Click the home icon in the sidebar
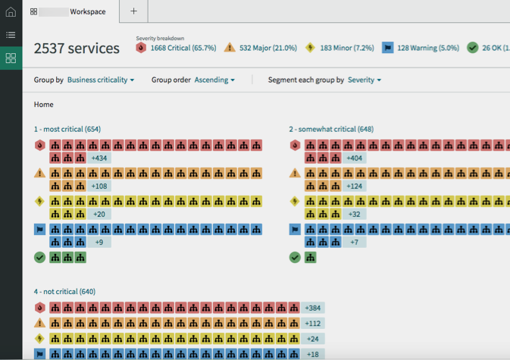coord(11,11)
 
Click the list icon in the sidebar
coord(11,35)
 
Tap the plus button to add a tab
coord(133,11)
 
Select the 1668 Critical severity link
coord(183,49)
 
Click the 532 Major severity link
coord(268,49)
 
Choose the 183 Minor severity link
coord(347,49)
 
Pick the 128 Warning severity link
coord(428,49)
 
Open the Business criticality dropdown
coord(101,80)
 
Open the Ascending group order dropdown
coord(214,80)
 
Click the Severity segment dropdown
coord(365,80)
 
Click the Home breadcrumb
coord(44,105)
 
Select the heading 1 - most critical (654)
coord(67,130)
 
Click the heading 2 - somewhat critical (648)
coord(331,130)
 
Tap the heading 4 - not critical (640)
coord(64,292)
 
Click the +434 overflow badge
coord(99,158)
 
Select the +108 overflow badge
coord(99,186)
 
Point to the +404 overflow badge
coord(354,158)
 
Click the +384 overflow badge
coord(313,308)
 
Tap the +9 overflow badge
coord(99,243)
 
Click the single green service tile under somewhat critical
coord(311,258)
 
